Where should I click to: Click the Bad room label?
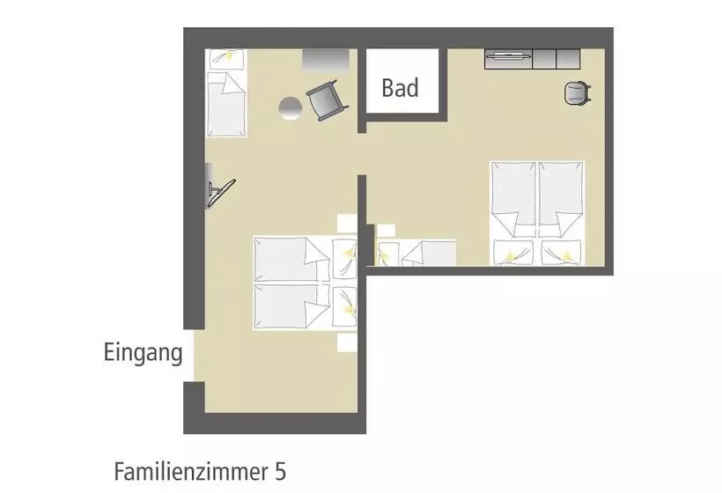click(x=400, y=87)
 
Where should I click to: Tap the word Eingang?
click(x=144, y=353)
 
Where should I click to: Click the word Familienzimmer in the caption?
click(x=189, y=472)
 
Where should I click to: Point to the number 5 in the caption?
click(x=280, y=472)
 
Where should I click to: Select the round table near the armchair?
click(x=291, y=108)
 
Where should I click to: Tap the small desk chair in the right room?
click(x=577, y=93)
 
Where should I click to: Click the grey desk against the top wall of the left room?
click(x=326, y=60)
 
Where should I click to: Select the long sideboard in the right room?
click(x=532, y=59)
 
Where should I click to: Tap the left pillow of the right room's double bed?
click(x=513, y=253)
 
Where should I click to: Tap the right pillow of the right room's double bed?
click(x=561, y=253)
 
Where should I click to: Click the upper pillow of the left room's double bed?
click(x=344, y=260)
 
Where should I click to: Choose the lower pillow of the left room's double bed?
click(x=344, y=306)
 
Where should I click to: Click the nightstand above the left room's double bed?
click(x=347, y=224)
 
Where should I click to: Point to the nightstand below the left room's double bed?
click(x=347, y=342)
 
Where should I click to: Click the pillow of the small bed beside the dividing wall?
click(x=387, y=254)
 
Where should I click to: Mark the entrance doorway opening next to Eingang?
click(x=194, y=356)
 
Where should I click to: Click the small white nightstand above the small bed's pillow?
click(x=386, y=230)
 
